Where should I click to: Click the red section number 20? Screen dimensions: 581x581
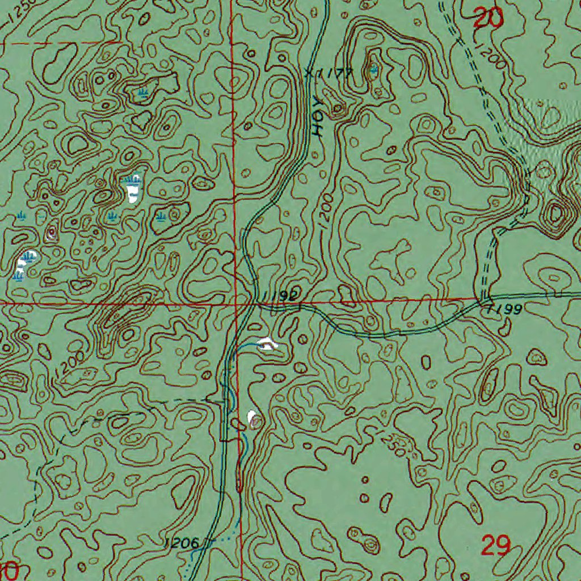pos(489,19)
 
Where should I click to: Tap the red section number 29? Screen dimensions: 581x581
pos(496,546)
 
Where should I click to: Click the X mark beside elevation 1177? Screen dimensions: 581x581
pos(308,73)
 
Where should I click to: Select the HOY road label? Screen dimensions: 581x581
pos(319,122)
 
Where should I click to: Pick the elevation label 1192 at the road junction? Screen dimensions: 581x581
pos(281,296)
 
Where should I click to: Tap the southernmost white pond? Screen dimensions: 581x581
pos(252,418)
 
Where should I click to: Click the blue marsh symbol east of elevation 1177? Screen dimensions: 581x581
pos(372,70)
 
